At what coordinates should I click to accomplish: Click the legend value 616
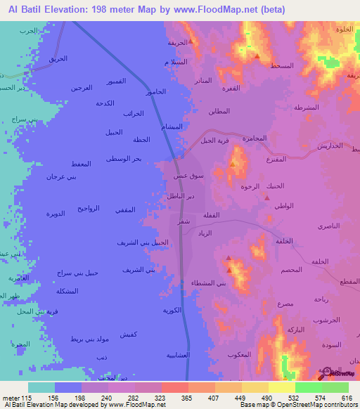click(x=345, y=396)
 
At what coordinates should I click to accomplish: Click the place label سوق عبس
click(x=190, y=176)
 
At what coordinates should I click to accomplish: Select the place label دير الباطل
click(x=181, y=195)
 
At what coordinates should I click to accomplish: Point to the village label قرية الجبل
click(x=215, y=141)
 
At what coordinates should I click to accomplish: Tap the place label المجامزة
click(x=255, y=138)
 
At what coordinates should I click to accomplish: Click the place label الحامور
click(x=156, y=92)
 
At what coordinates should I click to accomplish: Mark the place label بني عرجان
click(x=61, y=176)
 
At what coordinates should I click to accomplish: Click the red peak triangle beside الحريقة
click(x=191, y=51)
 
